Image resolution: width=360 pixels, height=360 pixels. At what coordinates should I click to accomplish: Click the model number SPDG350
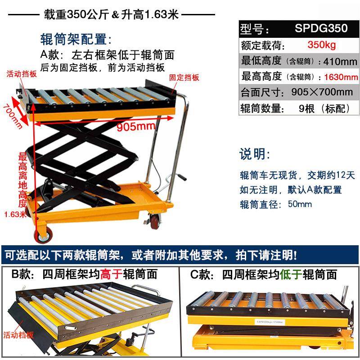321,29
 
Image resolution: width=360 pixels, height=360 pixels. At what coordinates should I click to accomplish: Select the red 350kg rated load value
321,45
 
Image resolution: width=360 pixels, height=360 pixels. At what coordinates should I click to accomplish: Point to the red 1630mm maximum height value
341,77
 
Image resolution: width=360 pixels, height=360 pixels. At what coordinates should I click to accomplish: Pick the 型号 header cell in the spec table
255,29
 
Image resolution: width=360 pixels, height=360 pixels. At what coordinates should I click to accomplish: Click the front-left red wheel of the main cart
41,234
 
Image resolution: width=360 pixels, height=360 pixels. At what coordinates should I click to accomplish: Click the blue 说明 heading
255,154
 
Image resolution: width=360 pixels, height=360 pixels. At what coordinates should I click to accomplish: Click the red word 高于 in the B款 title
110,274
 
